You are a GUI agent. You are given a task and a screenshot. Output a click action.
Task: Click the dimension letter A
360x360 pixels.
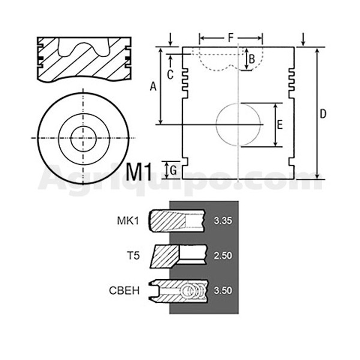tap(153, 87)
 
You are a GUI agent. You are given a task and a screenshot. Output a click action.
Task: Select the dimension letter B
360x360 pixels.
tap(252, 59)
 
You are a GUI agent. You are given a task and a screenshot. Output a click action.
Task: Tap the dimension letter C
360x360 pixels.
tap(170, 74)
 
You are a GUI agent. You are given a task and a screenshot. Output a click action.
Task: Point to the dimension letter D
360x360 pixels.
tap(323, 114)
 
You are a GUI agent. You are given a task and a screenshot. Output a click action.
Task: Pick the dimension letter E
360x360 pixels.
tap(280, 125)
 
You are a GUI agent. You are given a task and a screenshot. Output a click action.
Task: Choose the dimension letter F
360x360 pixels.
tap(231, 38)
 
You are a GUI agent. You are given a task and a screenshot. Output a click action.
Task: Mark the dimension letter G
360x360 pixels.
tap(173, 170)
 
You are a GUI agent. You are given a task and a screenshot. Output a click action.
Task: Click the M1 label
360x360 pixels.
tap(139, 172)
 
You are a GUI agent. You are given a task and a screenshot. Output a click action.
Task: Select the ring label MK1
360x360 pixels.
tap(128, 221)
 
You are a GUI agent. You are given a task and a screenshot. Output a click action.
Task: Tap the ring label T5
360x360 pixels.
tap(133, 256)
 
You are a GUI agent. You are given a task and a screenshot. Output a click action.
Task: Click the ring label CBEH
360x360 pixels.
tap(124, 290)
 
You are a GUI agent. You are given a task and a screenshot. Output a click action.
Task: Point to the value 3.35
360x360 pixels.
tap(223, 221)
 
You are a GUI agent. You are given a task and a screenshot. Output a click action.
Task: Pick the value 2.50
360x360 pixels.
tap(223, 256)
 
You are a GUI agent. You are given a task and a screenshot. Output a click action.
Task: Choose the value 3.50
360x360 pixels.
tap(223, 290)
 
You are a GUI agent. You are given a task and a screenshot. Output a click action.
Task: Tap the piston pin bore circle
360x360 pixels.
tap(216, 125)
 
